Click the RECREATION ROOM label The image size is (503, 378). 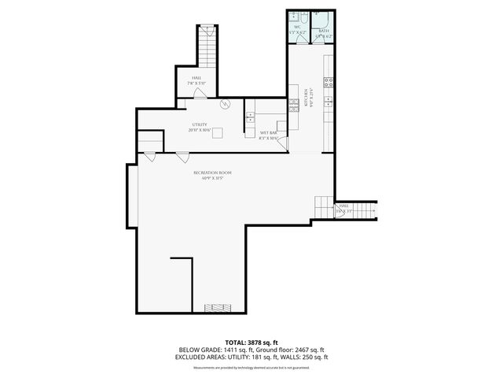point(213,172)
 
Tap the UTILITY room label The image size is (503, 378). point(200,124)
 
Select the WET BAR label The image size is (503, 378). point(269,135)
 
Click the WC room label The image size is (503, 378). point(298,27)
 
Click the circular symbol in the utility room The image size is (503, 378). point(224,102)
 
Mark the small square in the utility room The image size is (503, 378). point(217,132)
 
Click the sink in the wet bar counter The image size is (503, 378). point(251,117)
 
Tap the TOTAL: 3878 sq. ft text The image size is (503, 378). point(251,343)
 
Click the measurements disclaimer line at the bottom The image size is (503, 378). point(251,367)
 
